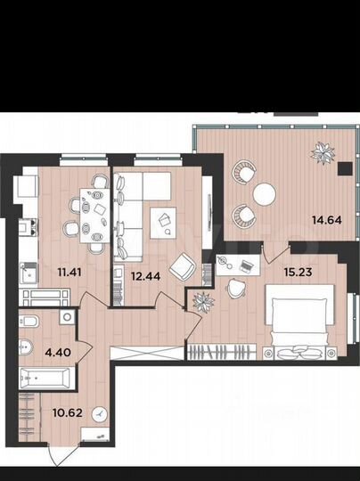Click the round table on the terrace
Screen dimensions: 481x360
(x=264, y=193)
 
